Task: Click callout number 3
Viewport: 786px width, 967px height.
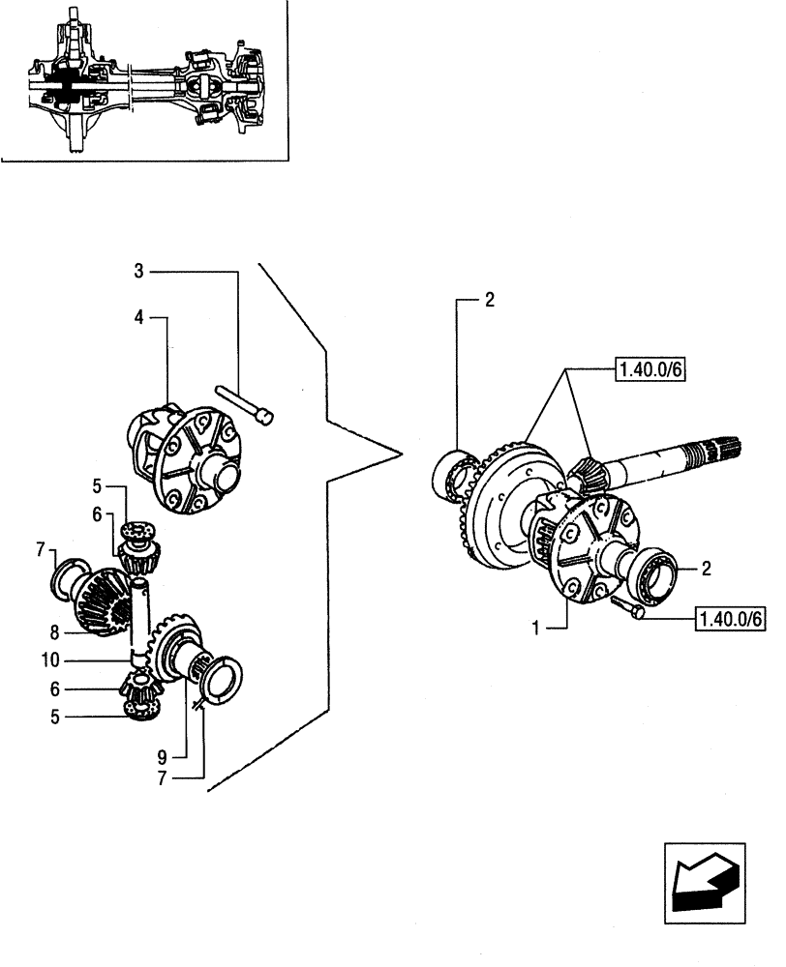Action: pos(139,272)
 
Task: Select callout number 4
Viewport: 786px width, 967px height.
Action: pos(139,316)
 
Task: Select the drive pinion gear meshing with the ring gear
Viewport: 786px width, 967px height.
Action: pos(587,474)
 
